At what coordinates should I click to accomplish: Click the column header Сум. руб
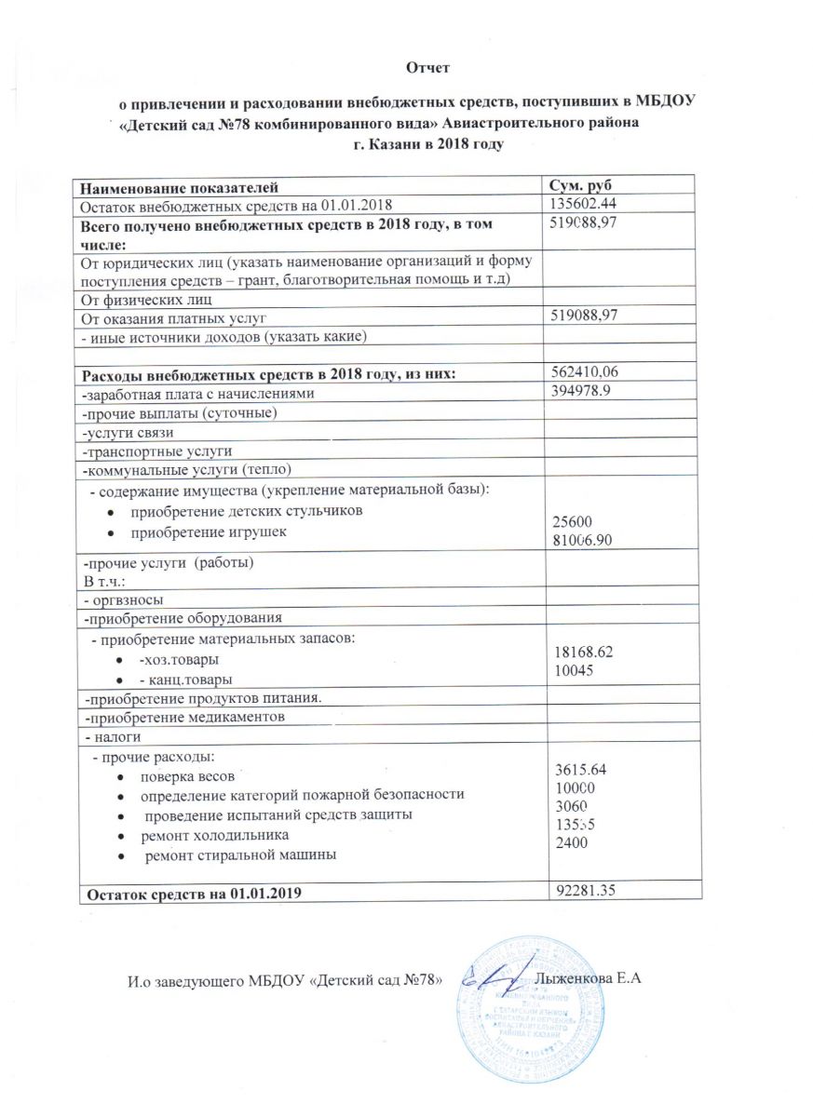(x=584, y=185)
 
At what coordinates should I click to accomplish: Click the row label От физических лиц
(x=148, y=299)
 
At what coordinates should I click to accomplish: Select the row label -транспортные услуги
(x=151, y=451)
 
